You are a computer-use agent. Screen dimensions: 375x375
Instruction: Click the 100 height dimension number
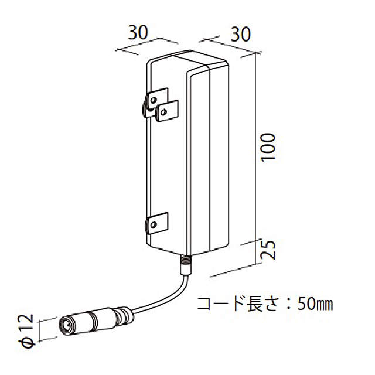click(x=268, y=148)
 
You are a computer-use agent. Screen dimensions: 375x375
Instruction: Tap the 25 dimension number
click(x=268, y=250)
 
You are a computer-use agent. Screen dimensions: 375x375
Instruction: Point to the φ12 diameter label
click(x=26, y=331)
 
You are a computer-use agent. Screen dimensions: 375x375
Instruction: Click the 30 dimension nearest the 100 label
click(x=240, y=34)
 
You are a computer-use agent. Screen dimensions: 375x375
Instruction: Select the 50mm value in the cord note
click(x=315, y=304)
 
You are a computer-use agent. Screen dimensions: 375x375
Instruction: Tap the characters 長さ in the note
click(x=263, y=304)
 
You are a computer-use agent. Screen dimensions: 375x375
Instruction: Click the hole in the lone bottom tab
click(x=154, y=224)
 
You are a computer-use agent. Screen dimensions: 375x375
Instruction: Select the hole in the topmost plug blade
click(x=154, y=99)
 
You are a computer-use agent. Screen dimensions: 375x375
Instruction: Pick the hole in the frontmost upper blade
click(x=164, y=112)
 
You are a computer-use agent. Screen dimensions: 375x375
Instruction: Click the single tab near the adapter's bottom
click(x=157, y=223)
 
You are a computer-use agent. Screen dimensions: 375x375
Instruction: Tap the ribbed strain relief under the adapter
click(x=186, y=265)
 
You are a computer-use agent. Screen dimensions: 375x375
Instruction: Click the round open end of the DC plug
click(x=67, y=326)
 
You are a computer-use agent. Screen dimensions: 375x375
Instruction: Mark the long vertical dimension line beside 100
click(x=256, y=158)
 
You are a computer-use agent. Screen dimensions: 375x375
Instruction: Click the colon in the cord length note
click(x=289, y=304)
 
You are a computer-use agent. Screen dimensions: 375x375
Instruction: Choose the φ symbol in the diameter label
click(x=26, y=342)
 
